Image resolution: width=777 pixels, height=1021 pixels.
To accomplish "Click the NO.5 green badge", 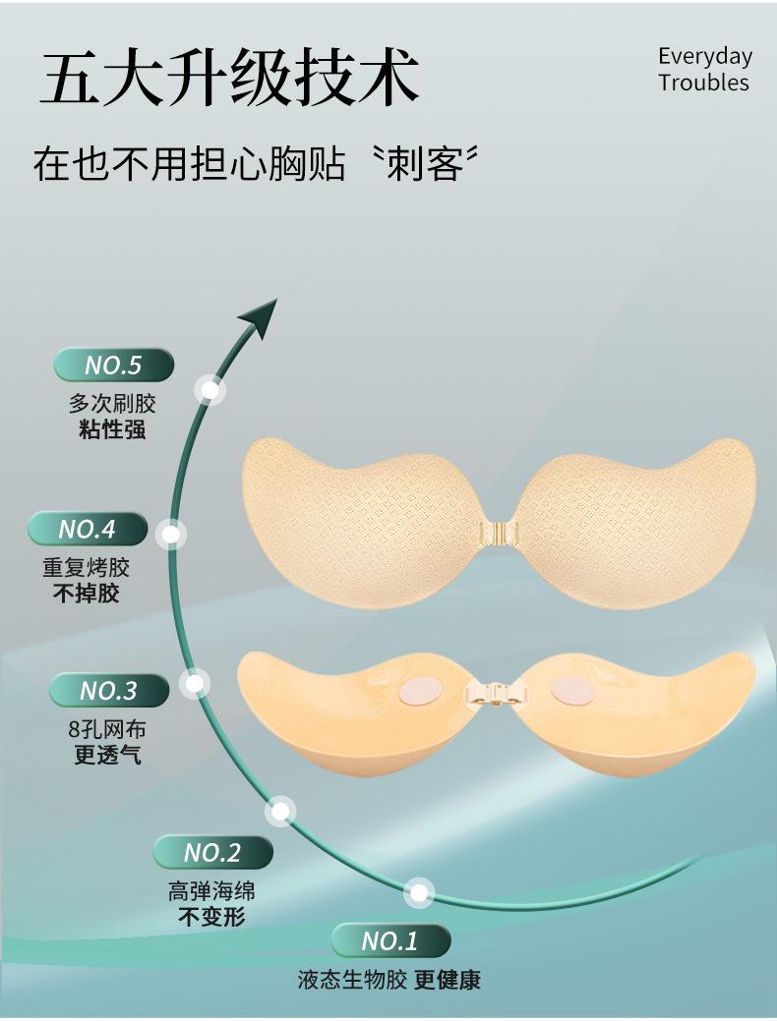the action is click(113, 366).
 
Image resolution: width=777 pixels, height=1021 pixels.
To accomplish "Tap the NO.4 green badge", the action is click(88, 529).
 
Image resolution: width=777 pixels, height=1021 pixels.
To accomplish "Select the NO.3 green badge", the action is click(108, 690).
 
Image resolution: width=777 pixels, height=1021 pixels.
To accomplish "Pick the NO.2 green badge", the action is click(212, 851).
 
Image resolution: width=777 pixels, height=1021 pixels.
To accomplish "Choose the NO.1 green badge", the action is click(390, 941).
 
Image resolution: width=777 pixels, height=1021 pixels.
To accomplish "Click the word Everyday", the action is click(704, 56).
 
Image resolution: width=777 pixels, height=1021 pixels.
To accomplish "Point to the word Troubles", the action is click(703, 83).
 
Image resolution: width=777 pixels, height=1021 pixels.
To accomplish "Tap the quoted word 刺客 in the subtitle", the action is click(425, 162).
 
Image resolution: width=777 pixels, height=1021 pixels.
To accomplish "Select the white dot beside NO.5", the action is click(210, 390).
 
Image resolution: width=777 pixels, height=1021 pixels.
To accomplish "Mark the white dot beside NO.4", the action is click(172, 534).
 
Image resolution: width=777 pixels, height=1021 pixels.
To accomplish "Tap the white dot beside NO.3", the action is click(195, 682).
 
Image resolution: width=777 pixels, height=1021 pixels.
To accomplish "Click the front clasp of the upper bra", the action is click(499, 532).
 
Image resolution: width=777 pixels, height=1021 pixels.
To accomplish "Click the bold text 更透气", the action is click(108, 757).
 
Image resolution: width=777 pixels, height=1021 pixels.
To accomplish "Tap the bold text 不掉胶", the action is click(86, 594).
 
